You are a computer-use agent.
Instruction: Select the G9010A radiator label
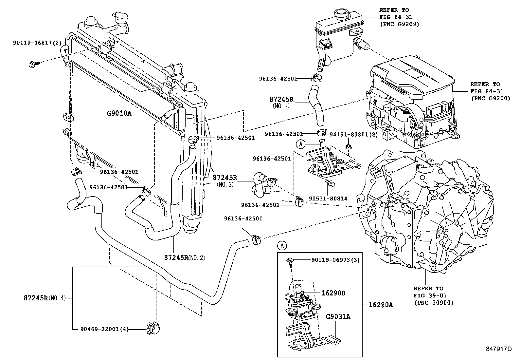[x=119, y=113]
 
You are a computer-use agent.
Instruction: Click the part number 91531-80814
[x=328, y=199]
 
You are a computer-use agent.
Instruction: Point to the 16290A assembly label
[x=381, y=305]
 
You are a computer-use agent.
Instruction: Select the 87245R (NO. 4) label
[x=45, y=298]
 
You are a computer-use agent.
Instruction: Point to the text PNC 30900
[x=434, y=303]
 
